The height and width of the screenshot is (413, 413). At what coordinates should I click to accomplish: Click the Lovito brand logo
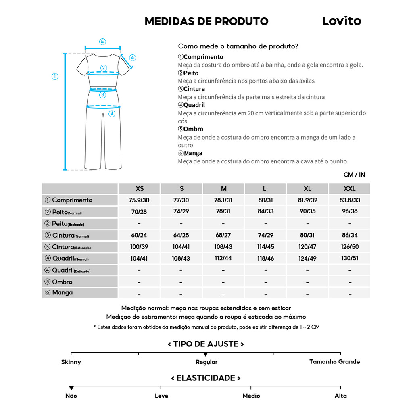click(341, 21)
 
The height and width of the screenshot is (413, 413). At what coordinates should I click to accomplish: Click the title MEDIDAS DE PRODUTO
click(206, 21)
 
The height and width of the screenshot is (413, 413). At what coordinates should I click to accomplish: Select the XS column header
click(140, 189)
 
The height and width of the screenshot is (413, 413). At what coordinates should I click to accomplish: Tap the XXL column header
click(350, 189)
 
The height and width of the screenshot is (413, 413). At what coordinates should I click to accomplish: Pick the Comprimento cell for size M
click(223, 200)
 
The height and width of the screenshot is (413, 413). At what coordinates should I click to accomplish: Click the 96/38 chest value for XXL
click(350, 211)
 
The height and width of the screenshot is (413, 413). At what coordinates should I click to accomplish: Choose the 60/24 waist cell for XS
click(139, 235)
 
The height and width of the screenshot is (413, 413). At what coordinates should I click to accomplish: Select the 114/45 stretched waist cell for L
click(265, 247)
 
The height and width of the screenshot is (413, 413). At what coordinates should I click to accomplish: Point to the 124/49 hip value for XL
click(307, 258)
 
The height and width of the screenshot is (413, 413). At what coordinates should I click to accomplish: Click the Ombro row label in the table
click(62, 282)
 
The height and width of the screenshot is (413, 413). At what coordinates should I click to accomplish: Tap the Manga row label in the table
click(62, 293)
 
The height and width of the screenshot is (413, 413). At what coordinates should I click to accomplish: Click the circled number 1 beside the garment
click(55, 77)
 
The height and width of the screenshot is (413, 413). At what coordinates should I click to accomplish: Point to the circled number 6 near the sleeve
click(133, 58)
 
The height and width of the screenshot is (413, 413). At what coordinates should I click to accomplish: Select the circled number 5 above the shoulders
click(102, 42)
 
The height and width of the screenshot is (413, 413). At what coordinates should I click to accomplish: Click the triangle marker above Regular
click(206, 354)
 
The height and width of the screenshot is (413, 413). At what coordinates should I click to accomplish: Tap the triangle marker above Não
click(71, 388)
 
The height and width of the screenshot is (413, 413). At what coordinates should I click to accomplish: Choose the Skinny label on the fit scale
click(71, 362)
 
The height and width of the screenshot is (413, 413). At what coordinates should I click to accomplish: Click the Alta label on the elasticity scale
click(340, 396)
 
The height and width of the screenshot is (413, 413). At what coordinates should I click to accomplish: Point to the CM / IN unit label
click(354, 175)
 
